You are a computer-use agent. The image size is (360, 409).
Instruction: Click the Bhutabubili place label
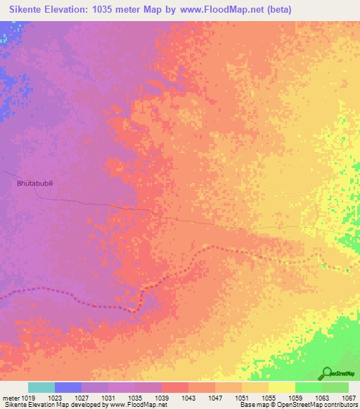coord(37,183)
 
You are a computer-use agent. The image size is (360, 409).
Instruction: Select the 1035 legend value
coord(134,397)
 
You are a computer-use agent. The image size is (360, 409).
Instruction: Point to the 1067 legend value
coord(349,397)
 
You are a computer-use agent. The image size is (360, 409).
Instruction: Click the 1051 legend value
coord(242,397)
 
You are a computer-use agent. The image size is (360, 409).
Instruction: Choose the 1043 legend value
coord(188,397)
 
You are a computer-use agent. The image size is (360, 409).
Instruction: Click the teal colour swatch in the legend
coord(41,387)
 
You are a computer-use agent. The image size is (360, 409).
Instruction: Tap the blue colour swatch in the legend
coord(68,387)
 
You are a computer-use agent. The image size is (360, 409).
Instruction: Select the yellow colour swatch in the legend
coord(282,387)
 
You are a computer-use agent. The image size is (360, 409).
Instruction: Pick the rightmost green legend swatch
coord(335,387)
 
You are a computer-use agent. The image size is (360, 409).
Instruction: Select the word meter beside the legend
coord(11,397)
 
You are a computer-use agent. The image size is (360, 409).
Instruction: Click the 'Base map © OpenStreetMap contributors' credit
coord(298,405)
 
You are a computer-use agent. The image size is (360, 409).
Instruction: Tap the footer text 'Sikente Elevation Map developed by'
coord(53,405)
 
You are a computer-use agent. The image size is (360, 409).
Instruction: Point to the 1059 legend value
coord(295,397)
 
